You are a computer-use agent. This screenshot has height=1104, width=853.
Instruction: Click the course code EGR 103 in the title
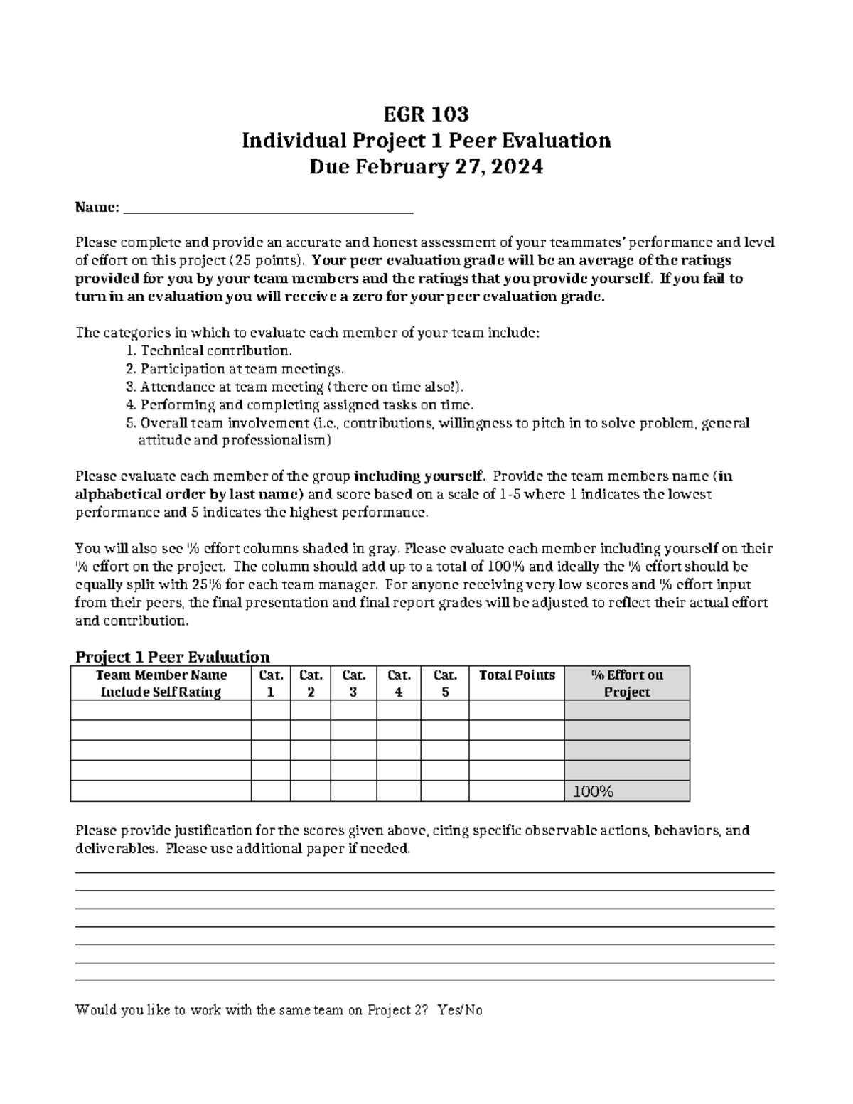tap(426, 114)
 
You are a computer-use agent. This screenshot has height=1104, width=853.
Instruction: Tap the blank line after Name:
tap(268, 209)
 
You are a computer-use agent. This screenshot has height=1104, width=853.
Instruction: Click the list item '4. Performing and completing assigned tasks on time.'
tap(299, 404)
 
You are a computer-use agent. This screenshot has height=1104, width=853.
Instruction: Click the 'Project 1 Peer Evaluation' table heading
tap(172, 656)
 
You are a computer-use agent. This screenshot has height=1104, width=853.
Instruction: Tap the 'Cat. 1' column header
tap(271, 683)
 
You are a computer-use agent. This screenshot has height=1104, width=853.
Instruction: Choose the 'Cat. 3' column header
tap(353, 683)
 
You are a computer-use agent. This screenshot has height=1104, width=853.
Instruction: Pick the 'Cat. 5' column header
tap(445, 683)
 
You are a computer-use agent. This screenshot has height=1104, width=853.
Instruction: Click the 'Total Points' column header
tap(517, 675)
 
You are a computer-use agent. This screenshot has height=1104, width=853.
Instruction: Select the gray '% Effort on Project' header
tap(627, 683)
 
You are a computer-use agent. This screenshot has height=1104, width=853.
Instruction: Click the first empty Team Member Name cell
tap(161, 710)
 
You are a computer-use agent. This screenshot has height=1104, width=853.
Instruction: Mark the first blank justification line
tap(424, 872)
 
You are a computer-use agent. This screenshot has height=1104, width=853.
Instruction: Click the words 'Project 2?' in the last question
tap(397, 1009)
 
